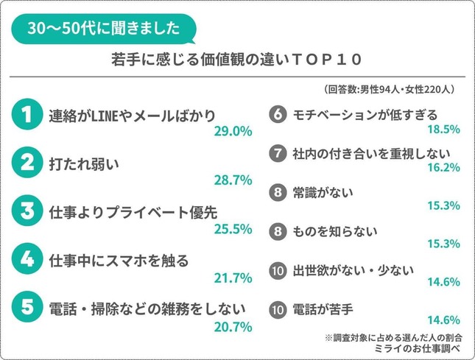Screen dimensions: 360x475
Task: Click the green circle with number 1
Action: click(27, 115)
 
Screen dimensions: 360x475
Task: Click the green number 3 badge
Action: click(27, 212)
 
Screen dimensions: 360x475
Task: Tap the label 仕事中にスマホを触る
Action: click(119, 261)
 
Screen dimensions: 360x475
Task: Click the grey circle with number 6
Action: click(277, 115)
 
